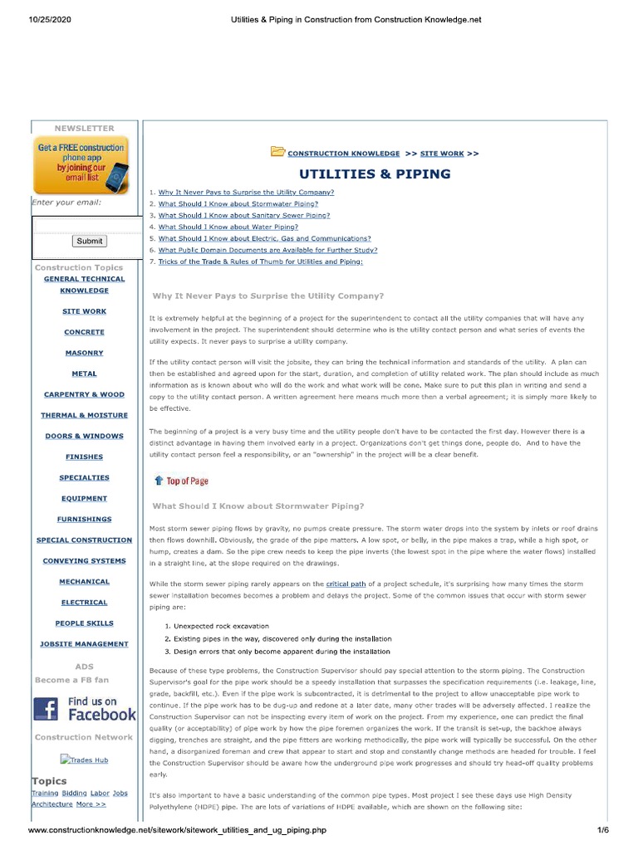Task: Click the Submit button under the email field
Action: point(89,241)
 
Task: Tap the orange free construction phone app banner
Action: point(80,166)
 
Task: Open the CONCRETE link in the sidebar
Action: point(84,332)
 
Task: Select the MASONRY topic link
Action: point(84,353)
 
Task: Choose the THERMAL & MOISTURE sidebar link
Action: point(84,415)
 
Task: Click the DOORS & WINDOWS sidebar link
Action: point(84,436)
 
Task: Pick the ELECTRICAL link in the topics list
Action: point(84,603)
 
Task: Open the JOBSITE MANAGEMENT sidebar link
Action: point(84,644)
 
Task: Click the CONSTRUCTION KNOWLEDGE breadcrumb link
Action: point(343,154)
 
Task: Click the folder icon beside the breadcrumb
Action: point(277,152)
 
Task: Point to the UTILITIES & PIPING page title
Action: point(375,174)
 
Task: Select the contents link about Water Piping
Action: point(228,227)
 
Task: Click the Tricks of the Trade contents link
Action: point(260,261)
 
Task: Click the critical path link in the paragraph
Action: point(346,584)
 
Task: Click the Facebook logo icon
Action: point(47,708)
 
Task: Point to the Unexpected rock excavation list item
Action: point(221,626)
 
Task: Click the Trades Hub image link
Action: point(84,760)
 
